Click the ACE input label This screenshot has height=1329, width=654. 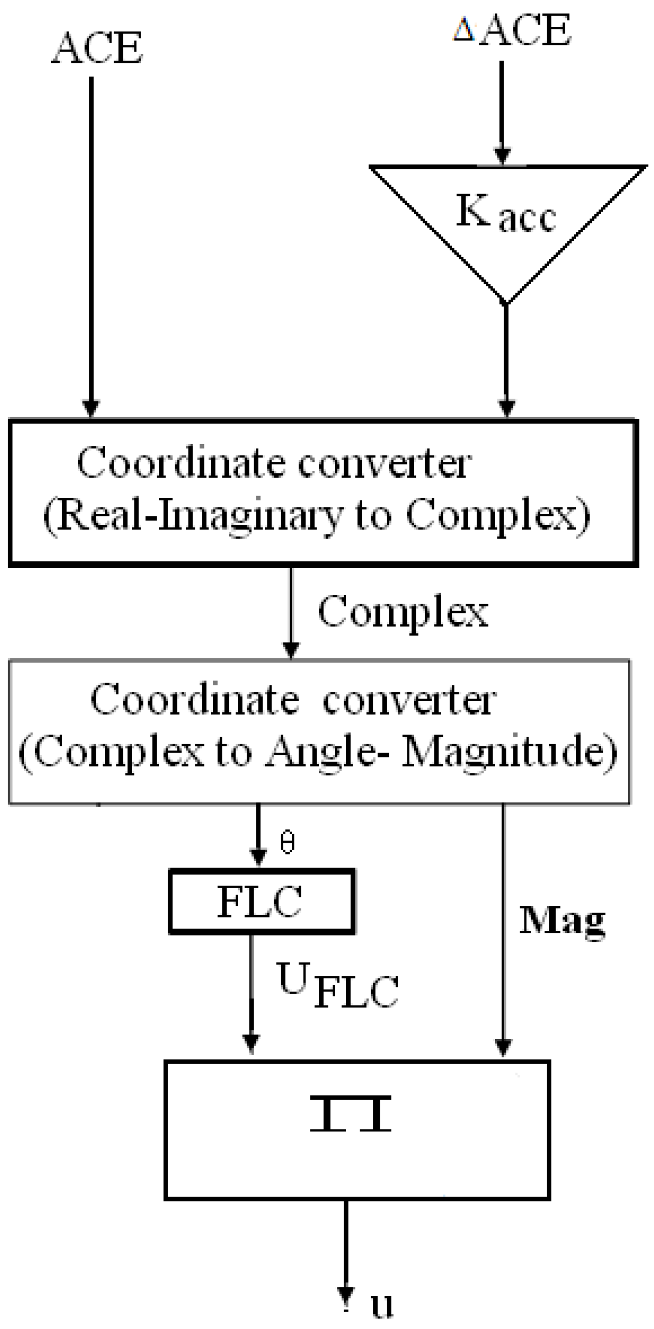(97, 48)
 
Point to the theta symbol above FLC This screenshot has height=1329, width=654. (287, 843)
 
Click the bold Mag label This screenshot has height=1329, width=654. (562, 921)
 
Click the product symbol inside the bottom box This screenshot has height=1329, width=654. (351, 1114)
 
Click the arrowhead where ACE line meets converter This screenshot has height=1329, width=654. (91, 408)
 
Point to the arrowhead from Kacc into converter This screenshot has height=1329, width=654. (506, 408)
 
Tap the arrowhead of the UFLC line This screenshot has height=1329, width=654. (250, 1043)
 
